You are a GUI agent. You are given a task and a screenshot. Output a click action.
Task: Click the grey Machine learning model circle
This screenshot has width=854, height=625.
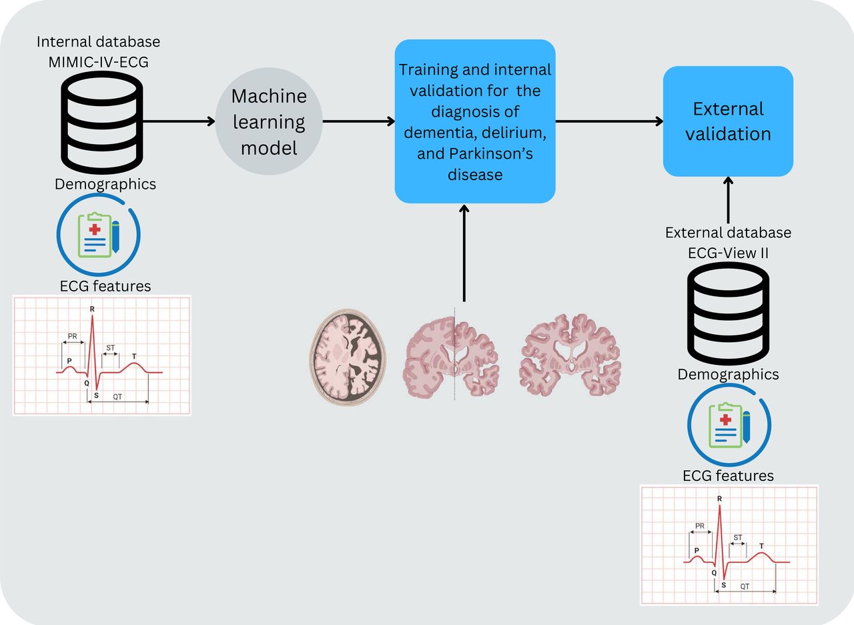(x=269, y=121)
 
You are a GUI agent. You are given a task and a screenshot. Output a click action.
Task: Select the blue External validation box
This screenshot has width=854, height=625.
(x=728, y=121)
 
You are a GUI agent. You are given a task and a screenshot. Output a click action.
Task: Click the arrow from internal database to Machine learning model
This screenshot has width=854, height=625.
(x=178, y=121)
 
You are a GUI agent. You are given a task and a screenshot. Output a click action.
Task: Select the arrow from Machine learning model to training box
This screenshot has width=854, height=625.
(x=358, y=121)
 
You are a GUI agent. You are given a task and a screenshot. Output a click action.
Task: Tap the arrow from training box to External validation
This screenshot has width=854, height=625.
(x=609, y=121)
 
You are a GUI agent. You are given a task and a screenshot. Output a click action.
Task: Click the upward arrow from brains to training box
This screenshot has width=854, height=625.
(x=464, y=253)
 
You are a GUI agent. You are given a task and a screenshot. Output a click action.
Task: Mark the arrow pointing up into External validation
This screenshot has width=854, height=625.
(x=728, y=200)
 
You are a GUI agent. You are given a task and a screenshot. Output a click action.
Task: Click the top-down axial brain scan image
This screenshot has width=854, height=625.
(x=348, y=356)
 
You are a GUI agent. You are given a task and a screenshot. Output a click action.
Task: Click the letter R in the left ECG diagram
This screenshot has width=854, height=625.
(x=91, y=309)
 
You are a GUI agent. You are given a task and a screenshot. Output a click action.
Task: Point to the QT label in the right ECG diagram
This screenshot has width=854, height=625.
(x=745, y=586)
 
